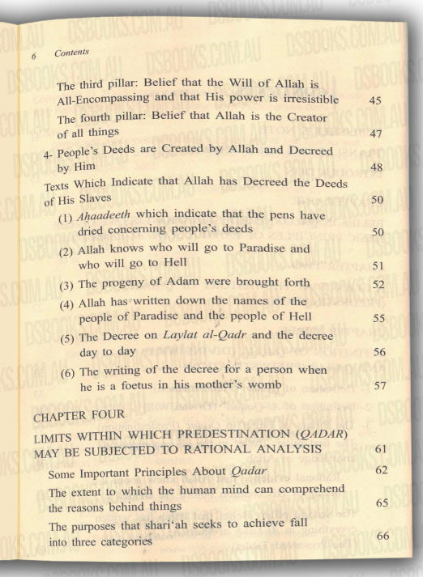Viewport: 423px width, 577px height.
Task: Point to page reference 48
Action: pos(376,167)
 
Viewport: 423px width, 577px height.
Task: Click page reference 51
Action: pos(377,264)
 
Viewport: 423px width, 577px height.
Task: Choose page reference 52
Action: pos(377,285)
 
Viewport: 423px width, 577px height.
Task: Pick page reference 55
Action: pos(378,319)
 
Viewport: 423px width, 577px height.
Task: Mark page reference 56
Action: pos(378,353)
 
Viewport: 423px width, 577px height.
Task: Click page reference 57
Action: pos(378,387)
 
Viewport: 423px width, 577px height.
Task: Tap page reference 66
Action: pos(383,536)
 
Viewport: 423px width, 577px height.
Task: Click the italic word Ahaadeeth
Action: pos(106,216)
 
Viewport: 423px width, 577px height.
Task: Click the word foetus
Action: pos(144,386)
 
